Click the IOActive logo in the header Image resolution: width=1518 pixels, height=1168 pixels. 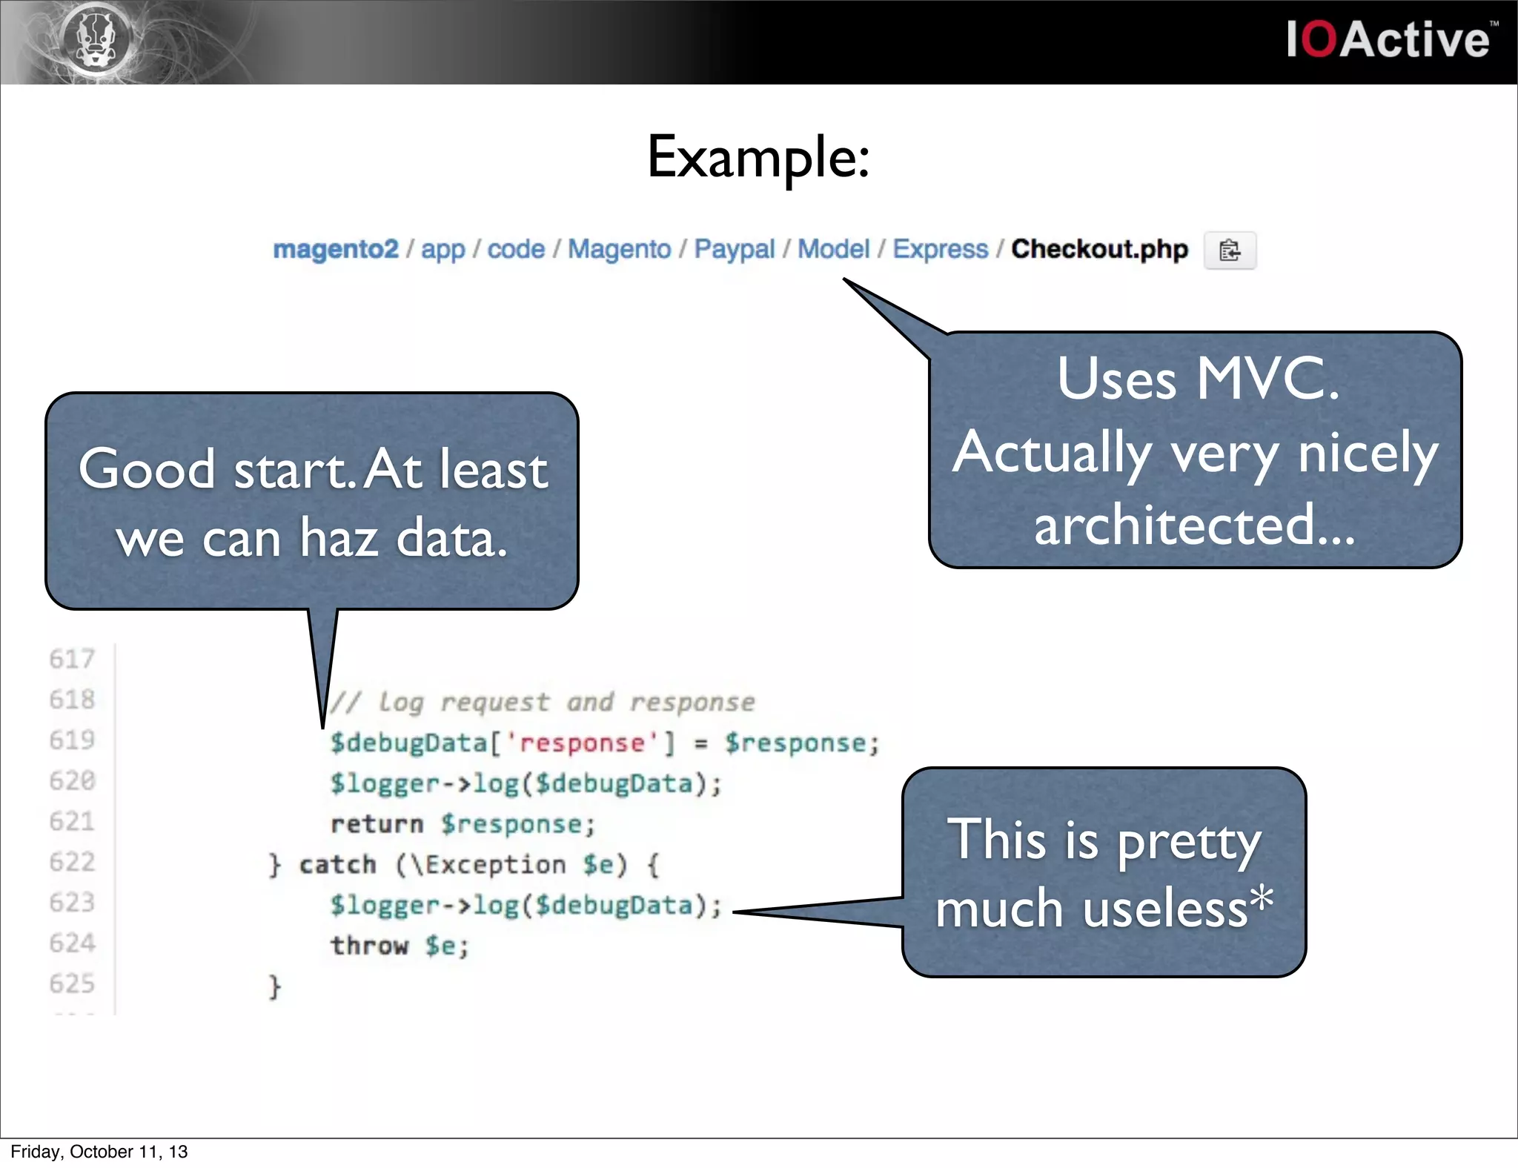tap(1388, 40)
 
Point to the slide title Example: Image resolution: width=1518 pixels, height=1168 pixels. tap(758, 157)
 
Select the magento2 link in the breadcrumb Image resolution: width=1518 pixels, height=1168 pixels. tap(335, 250)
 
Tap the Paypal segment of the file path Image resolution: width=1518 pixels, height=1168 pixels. tap(734, 250)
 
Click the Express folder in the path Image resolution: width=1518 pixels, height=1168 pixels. tap(940, 250)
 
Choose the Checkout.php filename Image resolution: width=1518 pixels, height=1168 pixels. tap(1099, 250)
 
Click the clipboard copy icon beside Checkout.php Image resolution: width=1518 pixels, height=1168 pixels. tap(1229, 250)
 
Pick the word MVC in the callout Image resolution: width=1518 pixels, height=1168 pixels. tap(1267, 379)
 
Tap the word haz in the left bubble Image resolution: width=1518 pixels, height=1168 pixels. tap(339, 537)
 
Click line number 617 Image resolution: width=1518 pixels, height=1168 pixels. tap(72, 659)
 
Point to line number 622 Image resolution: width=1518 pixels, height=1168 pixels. tap(72, 862)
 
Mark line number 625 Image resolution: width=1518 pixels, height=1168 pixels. tap(72, 983)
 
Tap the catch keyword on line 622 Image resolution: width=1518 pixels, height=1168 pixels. tap(337, 864)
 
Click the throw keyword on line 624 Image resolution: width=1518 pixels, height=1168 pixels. tap(369, 946)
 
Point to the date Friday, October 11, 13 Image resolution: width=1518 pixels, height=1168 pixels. tap(99, 1152)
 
